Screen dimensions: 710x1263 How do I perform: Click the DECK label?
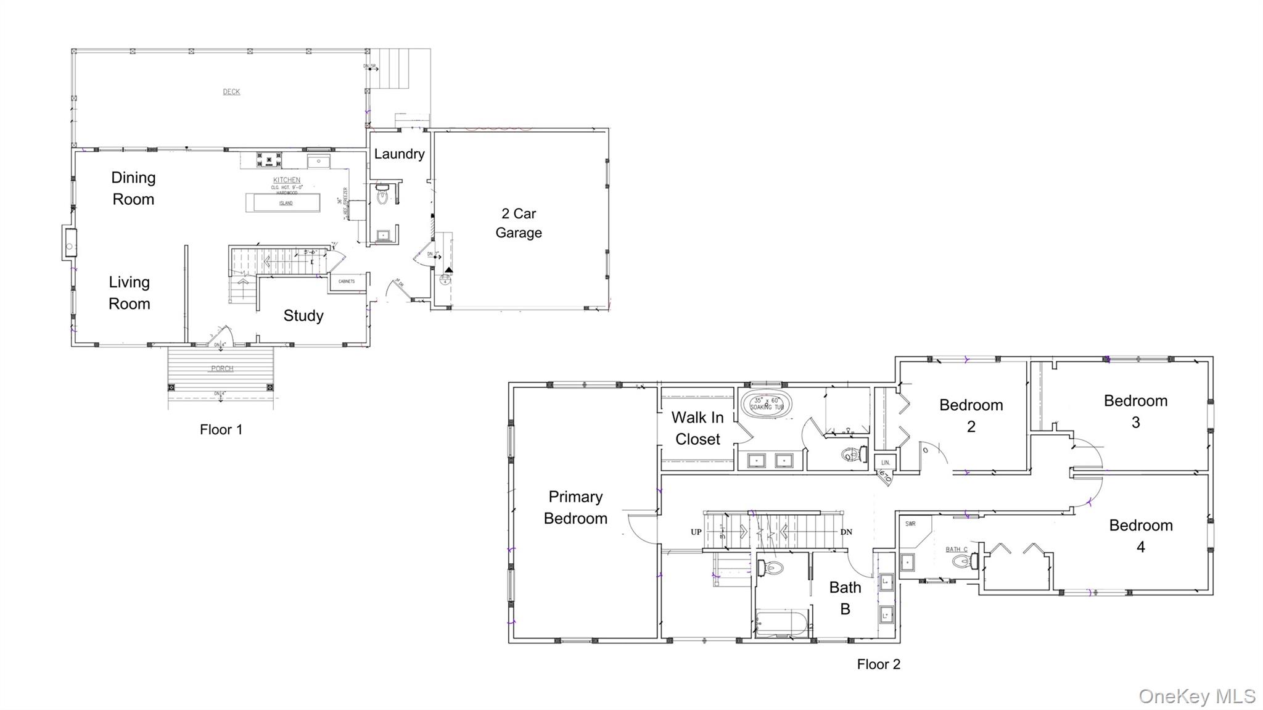231,92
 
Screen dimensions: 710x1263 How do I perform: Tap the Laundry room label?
399,154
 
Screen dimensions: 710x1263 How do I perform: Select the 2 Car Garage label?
519,223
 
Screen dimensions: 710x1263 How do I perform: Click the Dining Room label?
133,188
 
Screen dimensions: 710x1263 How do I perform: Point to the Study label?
303,316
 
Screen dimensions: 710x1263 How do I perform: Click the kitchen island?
283,203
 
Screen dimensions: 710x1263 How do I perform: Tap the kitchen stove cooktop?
269,160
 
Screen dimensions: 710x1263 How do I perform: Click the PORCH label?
222,369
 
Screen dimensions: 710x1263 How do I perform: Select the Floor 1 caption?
221,430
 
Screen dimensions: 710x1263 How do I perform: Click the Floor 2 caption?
878,664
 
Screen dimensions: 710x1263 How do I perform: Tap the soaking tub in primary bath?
766,405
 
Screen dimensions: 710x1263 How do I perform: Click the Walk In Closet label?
697,428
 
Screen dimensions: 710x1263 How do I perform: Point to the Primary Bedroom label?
575,507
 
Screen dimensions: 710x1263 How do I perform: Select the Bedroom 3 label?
1135,411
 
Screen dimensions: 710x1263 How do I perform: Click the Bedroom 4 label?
1140,535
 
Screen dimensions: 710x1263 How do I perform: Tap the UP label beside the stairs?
696,532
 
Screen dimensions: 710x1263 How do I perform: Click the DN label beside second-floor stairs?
846,532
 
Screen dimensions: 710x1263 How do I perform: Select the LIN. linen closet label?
885,462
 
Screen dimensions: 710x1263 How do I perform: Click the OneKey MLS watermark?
1196,696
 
